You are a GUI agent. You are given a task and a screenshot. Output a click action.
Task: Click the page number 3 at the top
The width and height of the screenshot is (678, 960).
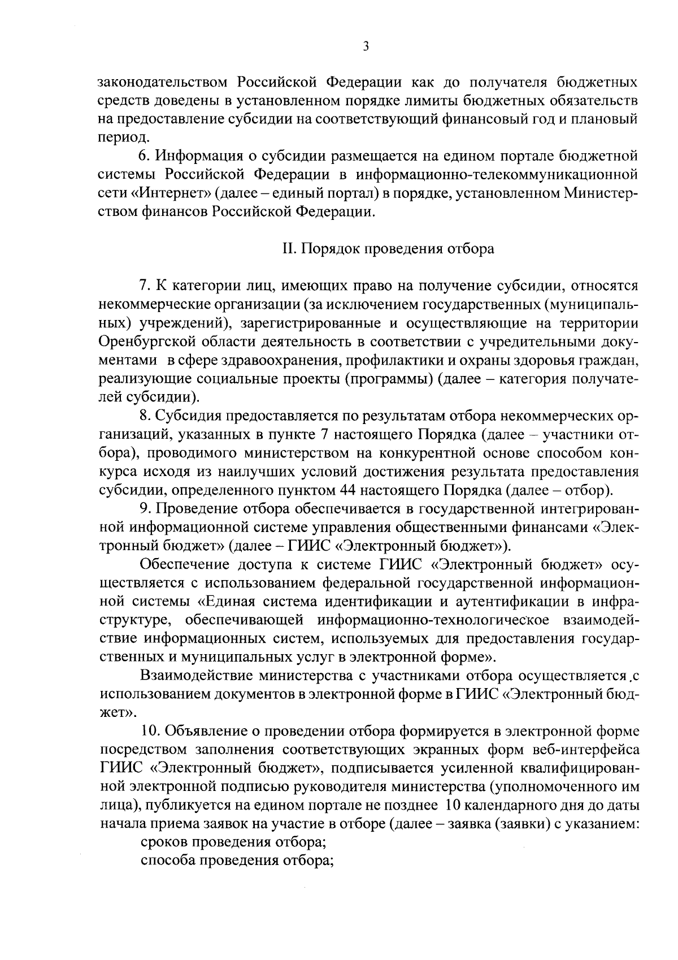[366, 47]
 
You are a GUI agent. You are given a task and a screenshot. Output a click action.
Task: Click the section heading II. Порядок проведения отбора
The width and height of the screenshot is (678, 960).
[388, 249]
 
